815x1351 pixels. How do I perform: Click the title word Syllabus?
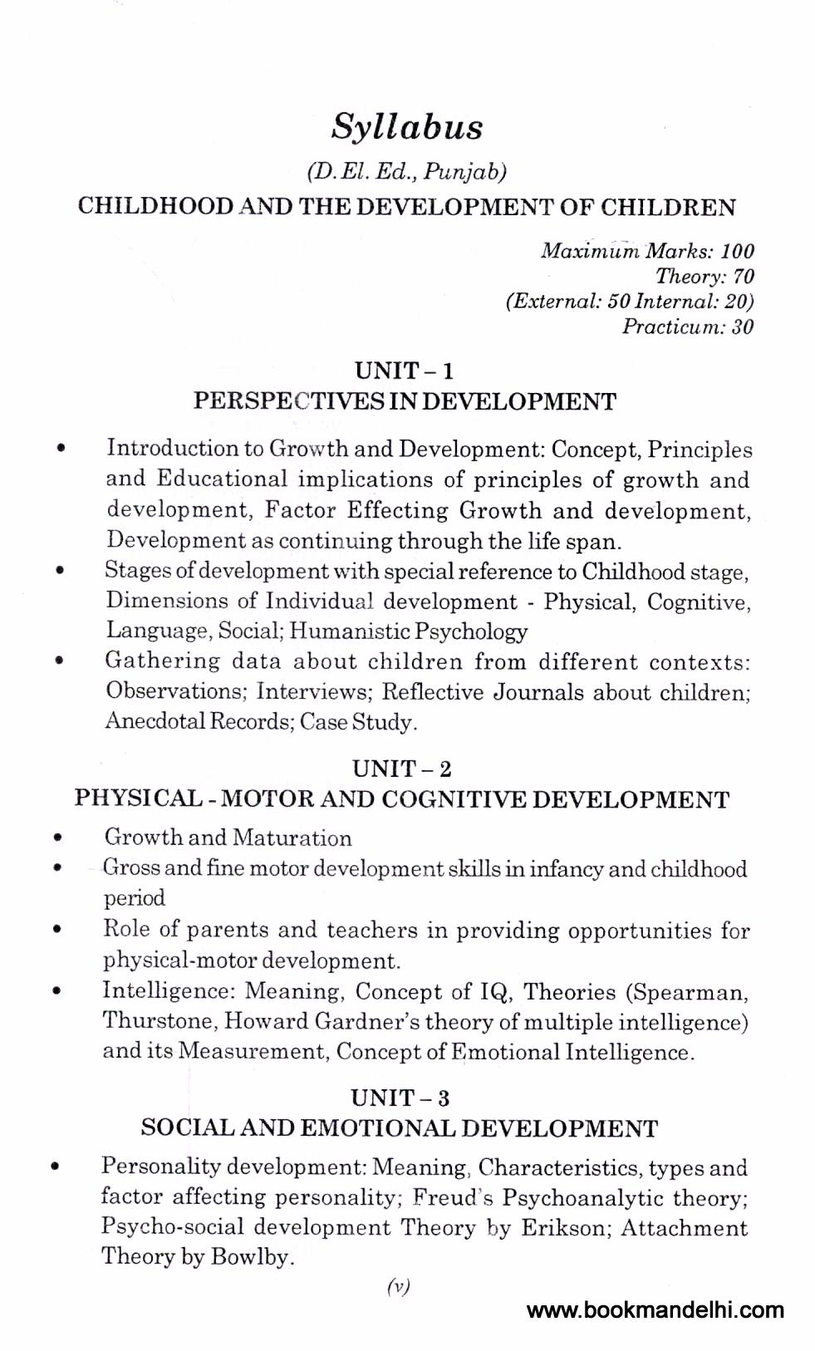point(407,128)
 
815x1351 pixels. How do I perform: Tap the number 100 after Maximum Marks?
point(737,251)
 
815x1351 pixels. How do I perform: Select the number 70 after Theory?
point(743,277)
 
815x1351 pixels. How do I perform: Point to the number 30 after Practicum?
point(743,327)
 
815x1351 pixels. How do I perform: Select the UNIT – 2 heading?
point(402,769)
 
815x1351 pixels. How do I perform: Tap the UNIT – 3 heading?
point(400,1098)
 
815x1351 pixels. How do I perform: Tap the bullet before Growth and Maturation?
point(57,838)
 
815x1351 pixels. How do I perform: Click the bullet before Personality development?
point(55,1167)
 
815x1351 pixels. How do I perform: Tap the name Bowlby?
point(250,1257)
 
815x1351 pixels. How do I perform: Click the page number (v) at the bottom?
point(399,1287)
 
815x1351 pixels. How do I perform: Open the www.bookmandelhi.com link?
point(655,1310)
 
